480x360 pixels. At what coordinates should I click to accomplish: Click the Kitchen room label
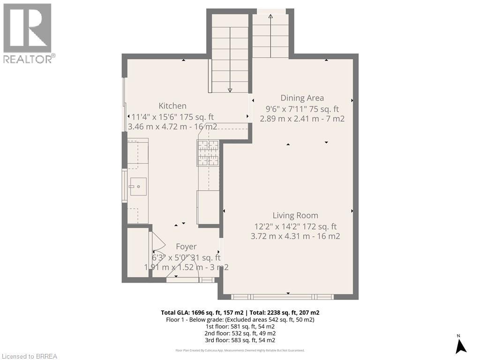172,106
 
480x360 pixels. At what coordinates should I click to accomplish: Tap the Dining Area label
302,98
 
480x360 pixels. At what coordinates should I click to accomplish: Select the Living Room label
295,216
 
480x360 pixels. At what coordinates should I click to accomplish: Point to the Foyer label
186,247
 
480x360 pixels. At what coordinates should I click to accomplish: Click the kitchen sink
138,187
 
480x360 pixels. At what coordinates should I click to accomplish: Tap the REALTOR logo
28,33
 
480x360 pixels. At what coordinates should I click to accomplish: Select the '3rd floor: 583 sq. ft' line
240,340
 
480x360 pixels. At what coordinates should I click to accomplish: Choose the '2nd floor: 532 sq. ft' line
240,333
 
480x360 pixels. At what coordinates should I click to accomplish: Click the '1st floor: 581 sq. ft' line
240,326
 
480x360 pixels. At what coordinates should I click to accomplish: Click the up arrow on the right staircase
270,17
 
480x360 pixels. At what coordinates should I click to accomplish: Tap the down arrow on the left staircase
230,90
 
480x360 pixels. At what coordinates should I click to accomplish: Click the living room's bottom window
282,296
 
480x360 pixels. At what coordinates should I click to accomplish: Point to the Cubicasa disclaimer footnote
240,350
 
